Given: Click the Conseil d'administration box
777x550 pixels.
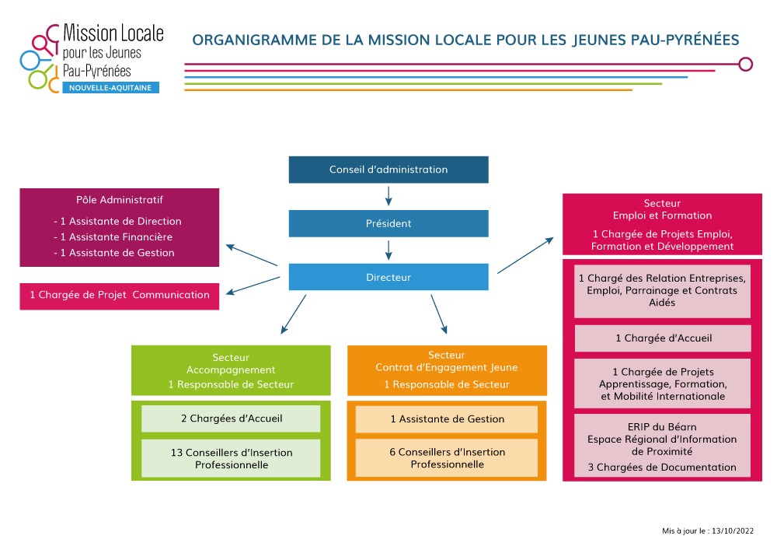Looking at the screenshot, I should tap(388, 170).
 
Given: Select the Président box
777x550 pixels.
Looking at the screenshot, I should tap(388, 223).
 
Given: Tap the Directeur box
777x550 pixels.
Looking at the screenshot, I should tap(388, 277).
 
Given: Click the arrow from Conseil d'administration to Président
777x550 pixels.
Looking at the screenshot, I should tap(388, 194).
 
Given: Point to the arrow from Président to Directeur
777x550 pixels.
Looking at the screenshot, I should tap(388, 249).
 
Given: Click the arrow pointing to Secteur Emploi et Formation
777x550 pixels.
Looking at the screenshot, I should tap(525, 254).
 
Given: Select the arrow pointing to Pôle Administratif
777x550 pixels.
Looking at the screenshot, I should tap(252, 256).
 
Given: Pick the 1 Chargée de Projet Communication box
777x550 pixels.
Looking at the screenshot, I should tap(120, 296).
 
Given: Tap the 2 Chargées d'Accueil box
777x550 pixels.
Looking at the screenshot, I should tap(231, 419).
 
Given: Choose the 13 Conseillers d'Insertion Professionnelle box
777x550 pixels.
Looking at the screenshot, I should tap(231, 458).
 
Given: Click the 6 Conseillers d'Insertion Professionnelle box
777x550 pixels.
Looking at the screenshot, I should tap(447, 458).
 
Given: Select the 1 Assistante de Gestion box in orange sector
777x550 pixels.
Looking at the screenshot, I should tap(447, 419).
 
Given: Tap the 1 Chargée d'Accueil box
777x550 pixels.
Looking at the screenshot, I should tap(663, 338).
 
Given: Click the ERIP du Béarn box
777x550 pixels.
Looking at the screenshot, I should tap(663, 446).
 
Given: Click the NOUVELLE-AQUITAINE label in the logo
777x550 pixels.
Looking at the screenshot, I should tap(110, 88).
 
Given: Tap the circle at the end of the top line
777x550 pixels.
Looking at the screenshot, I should tap(745, 64).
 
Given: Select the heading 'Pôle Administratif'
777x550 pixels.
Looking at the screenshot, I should tap(120, 200).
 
